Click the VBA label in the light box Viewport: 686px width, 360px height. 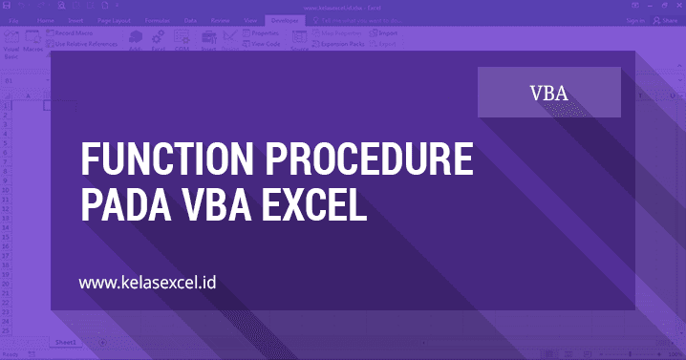549,93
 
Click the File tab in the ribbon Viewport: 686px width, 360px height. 14,18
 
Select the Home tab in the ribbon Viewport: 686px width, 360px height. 45,18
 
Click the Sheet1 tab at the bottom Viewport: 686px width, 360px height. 66,341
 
